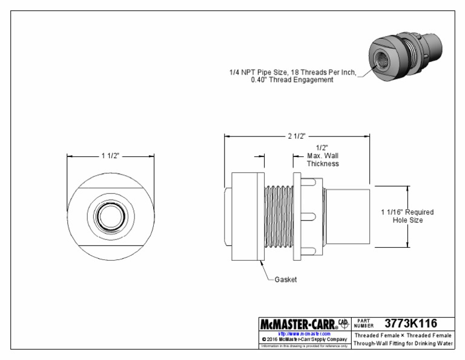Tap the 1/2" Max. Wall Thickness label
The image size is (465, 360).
(x=322, y=156)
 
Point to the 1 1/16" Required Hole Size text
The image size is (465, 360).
(x=407, y=216)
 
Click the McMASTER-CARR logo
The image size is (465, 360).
(x=298, y=323)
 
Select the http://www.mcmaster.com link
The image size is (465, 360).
(x=304, y=333)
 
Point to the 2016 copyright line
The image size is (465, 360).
(x=304, y=339)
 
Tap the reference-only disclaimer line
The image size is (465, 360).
(x=304, y=346)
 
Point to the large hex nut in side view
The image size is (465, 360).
(x=246, y=216)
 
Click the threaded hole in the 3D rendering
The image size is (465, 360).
(x=384, y=61)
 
